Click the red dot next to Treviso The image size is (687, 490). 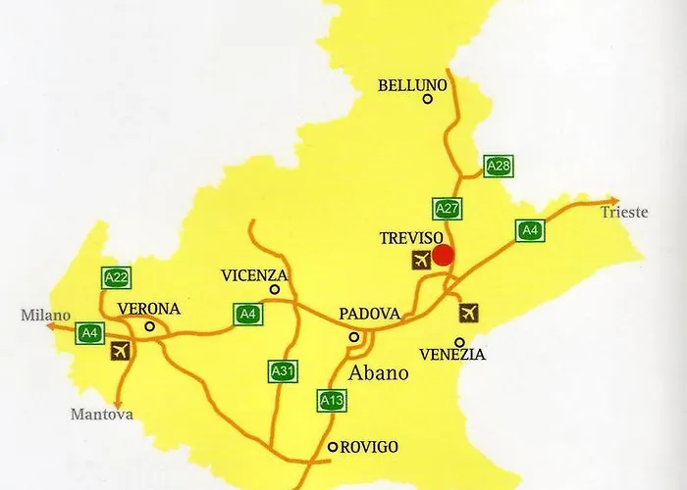443,255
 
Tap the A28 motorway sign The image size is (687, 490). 499,167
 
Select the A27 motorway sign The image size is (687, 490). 448,209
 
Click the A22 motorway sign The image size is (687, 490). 117,278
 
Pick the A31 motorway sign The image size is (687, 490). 283,371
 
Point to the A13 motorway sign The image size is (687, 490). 332,400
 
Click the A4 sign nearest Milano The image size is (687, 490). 90,333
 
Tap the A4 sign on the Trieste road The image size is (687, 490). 530,231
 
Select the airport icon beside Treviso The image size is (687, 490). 421,260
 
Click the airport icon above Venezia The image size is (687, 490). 469,313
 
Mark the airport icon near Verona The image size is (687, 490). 123,352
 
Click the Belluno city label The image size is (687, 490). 412,85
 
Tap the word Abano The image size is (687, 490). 379,373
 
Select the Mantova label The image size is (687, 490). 101,415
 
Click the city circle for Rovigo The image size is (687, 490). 333,447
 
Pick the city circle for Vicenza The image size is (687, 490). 275,289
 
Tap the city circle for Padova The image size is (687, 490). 354,337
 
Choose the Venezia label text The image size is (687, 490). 451,355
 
